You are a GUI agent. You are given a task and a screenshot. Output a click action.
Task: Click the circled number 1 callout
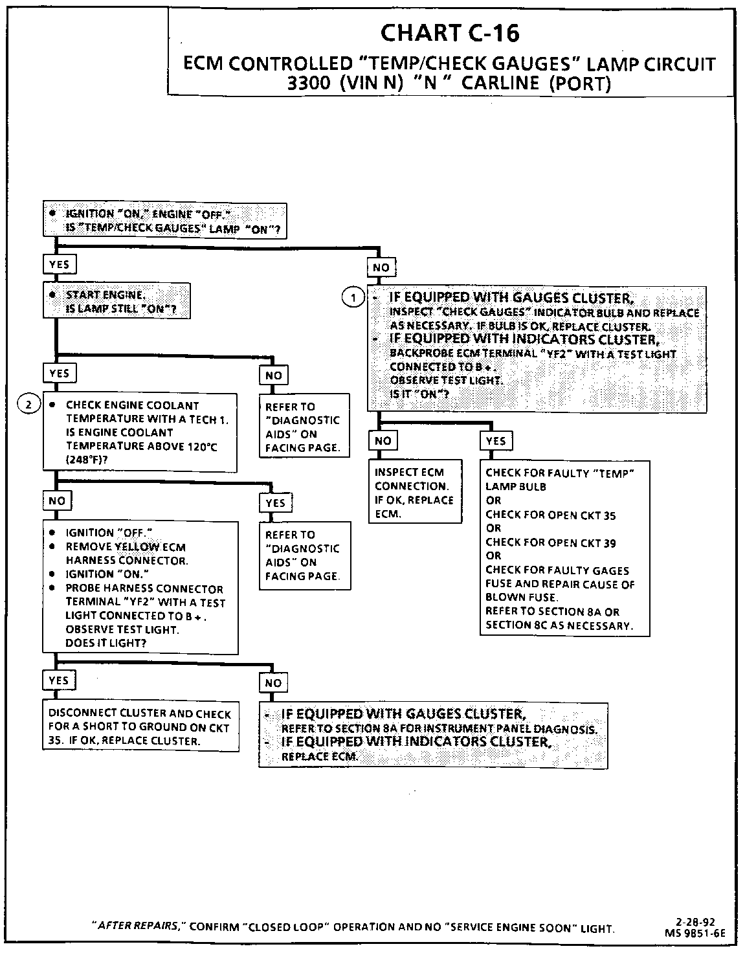pyautogui.click(x=353, y=298)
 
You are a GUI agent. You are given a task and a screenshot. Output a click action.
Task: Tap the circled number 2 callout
pyautogui.click(x=28, y=405)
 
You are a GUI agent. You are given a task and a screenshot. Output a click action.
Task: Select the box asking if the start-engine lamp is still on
pyautogui.click(x=117, y=301)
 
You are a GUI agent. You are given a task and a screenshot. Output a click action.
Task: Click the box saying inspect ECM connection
pyautogui.click(x=415, y=492)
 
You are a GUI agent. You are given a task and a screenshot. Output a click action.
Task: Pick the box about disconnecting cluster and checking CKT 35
pyautogui.click(x=140, y=727)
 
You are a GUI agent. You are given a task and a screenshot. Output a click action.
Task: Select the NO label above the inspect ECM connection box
pyautogui.click(x=383, y=441)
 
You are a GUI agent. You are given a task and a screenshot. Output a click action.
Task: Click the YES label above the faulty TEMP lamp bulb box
pyautogui.click(x=496, y=441)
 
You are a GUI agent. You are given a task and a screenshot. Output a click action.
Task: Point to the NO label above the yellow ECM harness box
pyautogui.click(x=57, y=500)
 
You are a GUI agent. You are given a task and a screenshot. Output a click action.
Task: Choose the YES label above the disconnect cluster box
pyautogui.click(x=58, y=680)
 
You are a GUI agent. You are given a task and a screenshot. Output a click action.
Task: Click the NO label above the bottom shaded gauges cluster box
pyautogui.click(x=273, y=683)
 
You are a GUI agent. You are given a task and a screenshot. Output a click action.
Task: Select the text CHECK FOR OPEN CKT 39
pyautogui.click(x=551, y=543)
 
